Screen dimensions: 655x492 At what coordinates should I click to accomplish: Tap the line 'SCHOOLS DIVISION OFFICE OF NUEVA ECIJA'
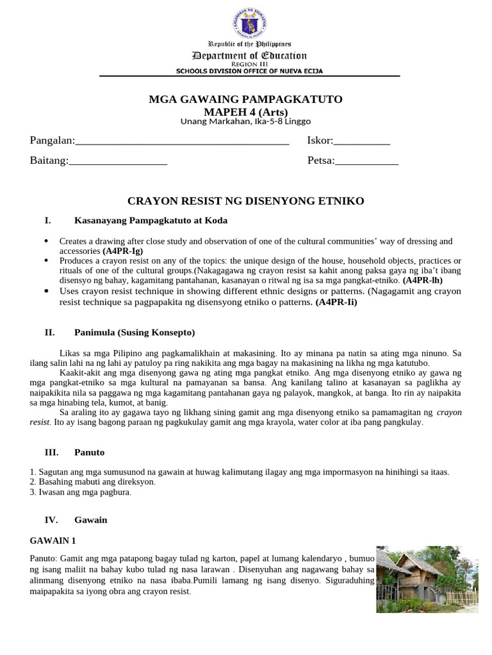pyautogui.click(x=250, y=71)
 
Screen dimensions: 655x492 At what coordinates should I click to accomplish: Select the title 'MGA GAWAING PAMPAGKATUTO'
pyautogui.click(x=245, y=99)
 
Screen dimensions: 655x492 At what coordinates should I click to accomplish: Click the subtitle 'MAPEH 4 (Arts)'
pyautogui.click(x=245, y=112)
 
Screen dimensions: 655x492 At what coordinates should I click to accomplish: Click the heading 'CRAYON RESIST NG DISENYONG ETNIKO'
pyautogui.click(x=245, y=201)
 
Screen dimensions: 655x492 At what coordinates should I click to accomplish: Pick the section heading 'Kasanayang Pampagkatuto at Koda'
pyautogui.click(x=151, y=221)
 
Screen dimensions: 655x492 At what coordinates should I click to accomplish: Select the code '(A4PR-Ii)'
pyautogui.click(x=336, y=303)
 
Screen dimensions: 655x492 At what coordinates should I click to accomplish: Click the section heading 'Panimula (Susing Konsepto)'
pyautogui.click(x=135, y=333)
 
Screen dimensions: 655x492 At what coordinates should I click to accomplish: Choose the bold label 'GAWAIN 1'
pyautogui.click(x=53, y=541)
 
